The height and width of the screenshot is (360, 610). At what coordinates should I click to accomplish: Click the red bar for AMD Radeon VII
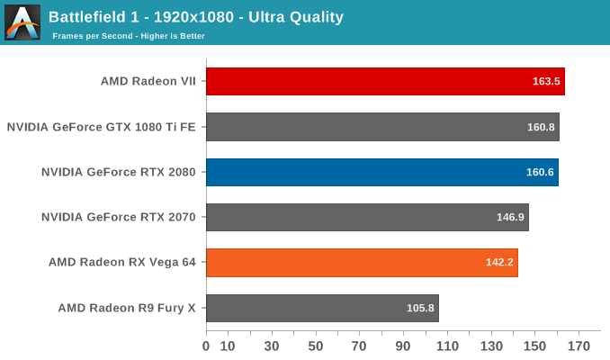[x=385, y=81]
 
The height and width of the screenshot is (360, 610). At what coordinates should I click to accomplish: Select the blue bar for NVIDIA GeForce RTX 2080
[x=381, y=172]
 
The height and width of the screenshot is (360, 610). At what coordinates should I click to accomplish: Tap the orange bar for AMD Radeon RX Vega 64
[x=362, y=263]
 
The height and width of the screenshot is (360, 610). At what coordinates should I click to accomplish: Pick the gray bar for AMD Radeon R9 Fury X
[x=322, y=308]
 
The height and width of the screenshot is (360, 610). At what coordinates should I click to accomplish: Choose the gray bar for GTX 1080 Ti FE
[x=382, y=127]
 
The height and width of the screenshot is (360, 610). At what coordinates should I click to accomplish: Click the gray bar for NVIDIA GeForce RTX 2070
[x=367, y=217]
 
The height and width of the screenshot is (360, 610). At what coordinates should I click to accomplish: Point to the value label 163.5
[x=546, y=81]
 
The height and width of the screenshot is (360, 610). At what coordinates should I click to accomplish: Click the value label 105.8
[x=420, y=308]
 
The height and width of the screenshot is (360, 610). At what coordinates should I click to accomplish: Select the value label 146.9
[x=510, y=218]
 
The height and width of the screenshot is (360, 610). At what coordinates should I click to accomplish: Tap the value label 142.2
[x=499, y=263]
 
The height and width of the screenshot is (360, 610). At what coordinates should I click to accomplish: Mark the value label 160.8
[x=541, y=127]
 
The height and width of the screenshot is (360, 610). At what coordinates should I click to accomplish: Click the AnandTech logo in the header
[x=22, y=22]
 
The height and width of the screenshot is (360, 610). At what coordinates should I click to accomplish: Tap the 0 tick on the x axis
[x=206, y=346]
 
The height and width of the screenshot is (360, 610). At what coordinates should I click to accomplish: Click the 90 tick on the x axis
[x=403, y=346]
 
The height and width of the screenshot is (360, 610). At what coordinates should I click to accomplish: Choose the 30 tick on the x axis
[x=272, y=346]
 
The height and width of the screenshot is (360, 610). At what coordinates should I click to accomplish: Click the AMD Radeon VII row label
[x=148, y=81]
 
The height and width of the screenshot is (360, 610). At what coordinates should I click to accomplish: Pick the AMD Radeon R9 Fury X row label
[x=127, y=308]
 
